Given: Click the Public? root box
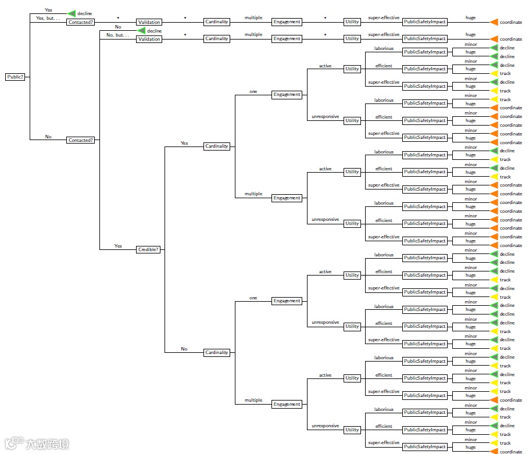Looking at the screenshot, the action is [15, 77].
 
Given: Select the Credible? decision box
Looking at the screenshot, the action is [148, 249].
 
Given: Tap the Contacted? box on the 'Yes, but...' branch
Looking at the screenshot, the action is [81, 22].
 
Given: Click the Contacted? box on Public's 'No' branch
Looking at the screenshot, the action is [81, 140].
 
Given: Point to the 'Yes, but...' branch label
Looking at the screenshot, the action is [48, 18].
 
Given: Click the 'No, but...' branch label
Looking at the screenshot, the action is [117, 35].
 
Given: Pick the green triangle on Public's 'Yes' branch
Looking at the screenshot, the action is [72, 13].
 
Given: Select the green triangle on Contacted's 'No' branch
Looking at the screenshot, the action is [141, 30].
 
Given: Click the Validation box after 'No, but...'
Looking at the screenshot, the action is [149, 39].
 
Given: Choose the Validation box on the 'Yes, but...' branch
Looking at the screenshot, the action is [149, 22].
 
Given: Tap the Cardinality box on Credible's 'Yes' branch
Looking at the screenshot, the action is [216, 146].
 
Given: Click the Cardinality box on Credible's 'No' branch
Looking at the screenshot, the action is [216, 352].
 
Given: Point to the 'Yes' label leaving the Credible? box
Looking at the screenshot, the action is [184, 142].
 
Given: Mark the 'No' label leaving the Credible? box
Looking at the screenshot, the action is [184, 349].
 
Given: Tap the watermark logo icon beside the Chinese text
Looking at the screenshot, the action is [13, 444].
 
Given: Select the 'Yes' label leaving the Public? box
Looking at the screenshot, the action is [48, 10].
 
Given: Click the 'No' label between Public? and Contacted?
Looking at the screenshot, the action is [48, 137].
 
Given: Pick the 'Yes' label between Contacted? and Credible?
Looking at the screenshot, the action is [118, 246].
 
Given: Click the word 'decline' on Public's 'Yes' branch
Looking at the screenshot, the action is [85, 13].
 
